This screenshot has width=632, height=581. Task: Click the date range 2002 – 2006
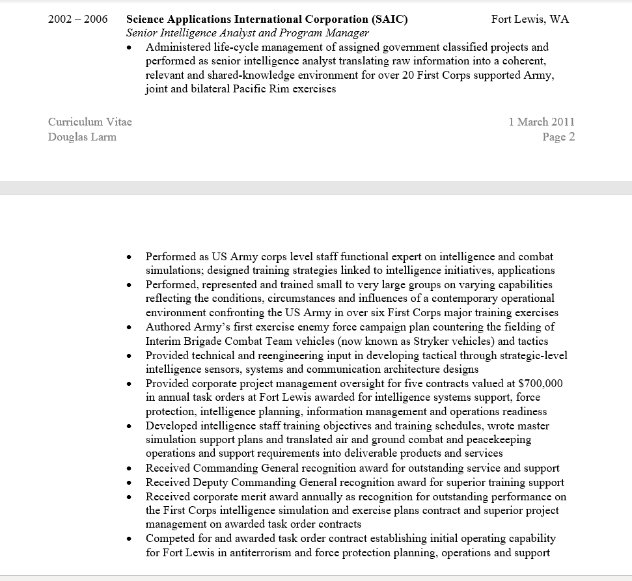pos(77,19)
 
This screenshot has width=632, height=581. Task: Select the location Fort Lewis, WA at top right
pos(530,19)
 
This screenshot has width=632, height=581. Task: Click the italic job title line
pos(247,33)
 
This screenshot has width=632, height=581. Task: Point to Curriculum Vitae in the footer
pos(90,122)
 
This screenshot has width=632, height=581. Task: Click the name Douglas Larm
pos(82,137)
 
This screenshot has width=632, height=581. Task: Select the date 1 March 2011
pos(542,122)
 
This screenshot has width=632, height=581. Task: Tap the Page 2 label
pos(558,137)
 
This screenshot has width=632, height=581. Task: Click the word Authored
pos(168,327)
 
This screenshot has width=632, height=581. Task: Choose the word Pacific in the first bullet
pos(252,89)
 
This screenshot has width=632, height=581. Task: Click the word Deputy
pos(211,482)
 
